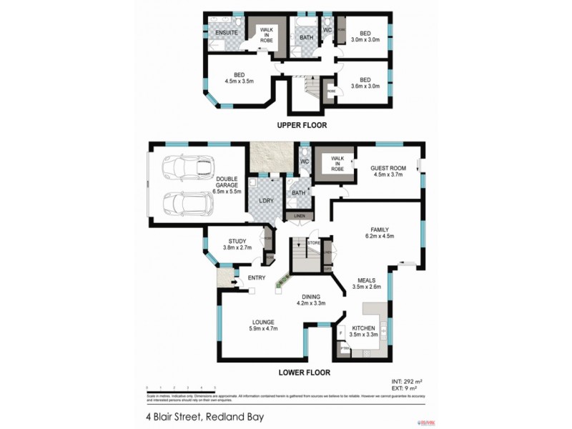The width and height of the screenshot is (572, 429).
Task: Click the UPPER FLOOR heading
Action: [x=302, y=125]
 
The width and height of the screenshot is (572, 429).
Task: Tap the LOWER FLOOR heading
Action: [x=302, y=373]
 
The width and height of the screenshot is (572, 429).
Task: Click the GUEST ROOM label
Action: [x=388, y=169]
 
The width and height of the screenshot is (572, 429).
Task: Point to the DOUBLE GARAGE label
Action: [x=227, y=182]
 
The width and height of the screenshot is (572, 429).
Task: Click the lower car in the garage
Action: [x=188, y=204]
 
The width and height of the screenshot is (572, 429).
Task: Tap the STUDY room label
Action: [x=237, y=241]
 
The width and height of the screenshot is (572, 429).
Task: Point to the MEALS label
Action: [x=367, y=280]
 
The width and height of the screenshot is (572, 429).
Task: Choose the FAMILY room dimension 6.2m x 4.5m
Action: [x=379, y=236]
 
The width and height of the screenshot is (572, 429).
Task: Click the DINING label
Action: [x=310, y=296]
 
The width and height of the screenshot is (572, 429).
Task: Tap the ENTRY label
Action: [x=257, y=278]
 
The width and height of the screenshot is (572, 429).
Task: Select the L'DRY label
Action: [x=267, y=200]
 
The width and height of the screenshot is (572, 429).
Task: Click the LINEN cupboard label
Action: [x=299, y=215]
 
